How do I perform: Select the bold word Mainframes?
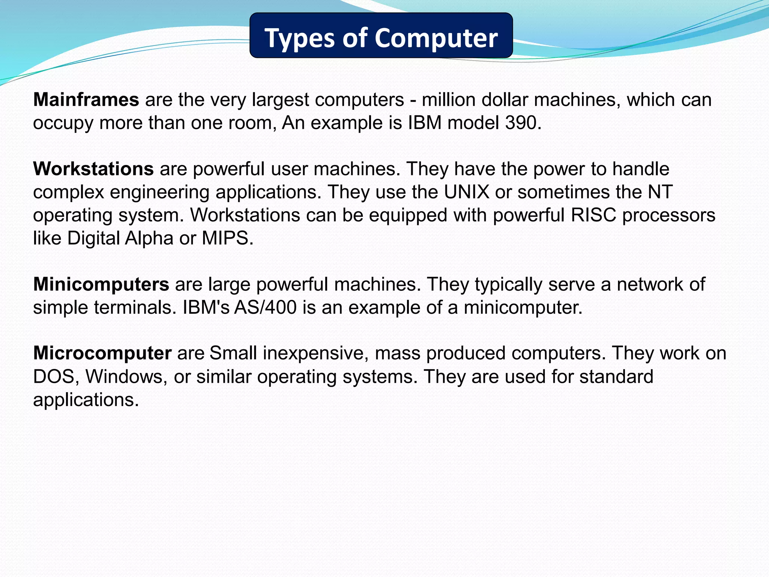86,100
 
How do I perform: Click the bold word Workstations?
93,169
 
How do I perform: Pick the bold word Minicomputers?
101,284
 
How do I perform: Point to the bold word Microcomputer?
102,353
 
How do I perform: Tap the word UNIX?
467,192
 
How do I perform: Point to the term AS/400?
265,307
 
